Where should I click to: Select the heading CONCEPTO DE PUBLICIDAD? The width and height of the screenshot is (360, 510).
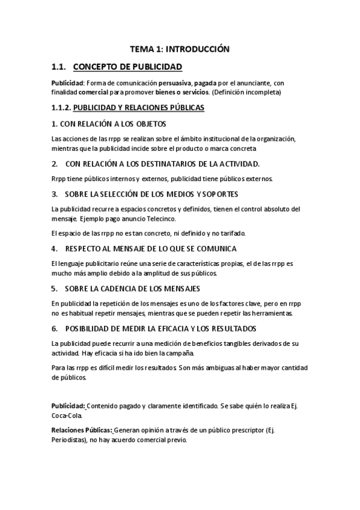tap(131, 67)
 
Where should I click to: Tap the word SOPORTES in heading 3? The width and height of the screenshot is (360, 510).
tap(217, 194)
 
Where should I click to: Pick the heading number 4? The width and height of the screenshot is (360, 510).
tap(54, 248)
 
